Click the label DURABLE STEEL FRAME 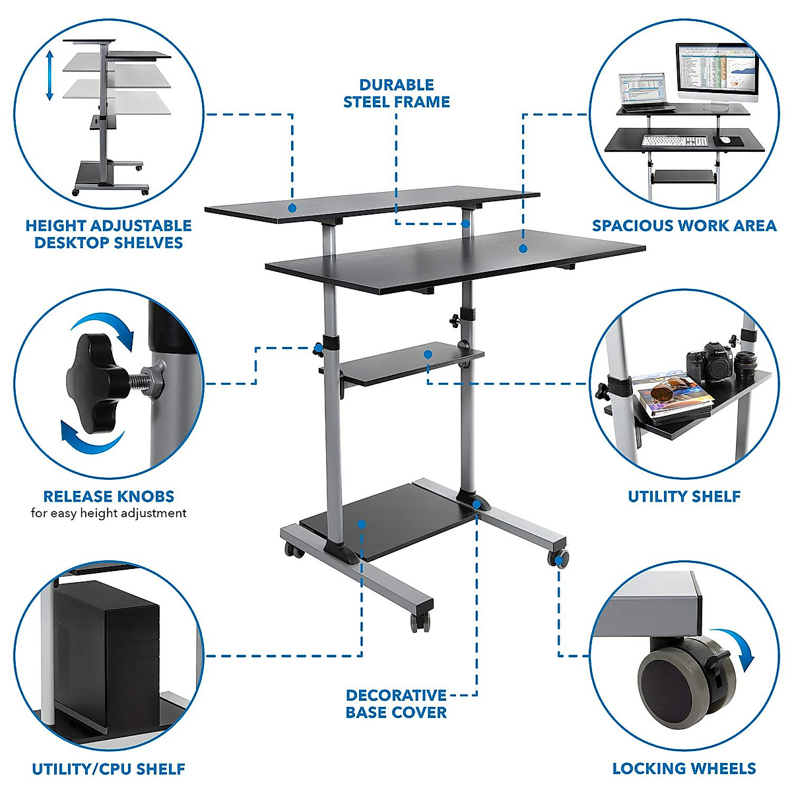pos(396,94)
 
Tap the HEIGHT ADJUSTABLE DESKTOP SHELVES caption pos(108,234)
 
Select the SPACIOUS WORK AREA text pos(684,226)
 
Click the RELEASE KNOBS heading pos(108,496)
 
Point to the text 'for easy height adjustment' pos(108,513)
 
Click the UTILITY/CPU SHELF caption pos(108,769)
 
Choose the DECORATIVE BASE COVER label pos(396,704)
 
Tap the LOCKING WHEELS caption pos(684,768)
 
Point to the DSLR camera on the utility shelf pos(706,363)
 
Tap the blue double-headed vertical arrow pos(49,77)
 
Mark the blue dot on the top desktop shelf pos(292,208)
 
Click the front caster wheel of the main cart pos(420,620)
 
